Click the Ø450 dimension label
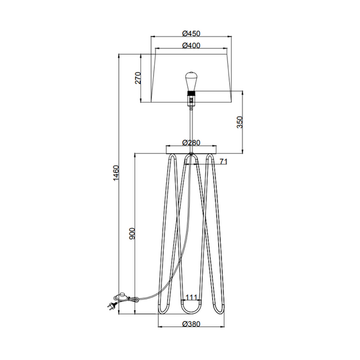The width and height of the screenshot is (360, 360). [191, 34]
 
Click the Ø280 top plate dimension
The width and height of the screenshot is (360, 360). [191, 143]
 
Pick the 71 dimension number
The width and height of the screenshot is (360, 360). [223, 162]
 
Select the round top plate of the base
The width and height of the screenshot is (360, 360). [191, 149]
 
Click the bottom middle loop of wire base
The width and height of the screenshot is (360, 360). [191, 309]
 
